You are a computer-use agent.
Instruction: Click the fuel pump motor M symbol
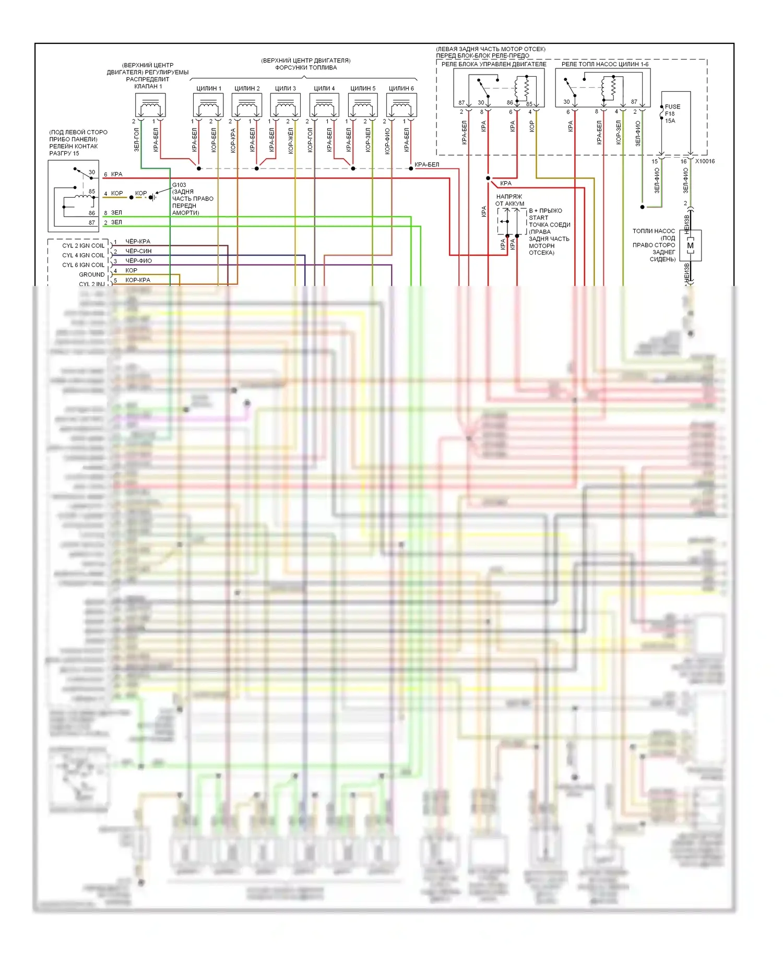(x=691, y=245)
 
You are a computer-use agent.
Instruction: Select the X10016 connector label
(x=705, y=161)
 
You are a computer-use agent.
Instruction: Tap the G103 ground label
(x=179, y=185)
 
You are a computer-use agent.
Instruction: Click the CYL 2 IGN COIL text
(x=83, y=245)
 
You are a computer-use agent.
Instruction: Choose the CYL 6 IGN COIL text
(x=83, y=265)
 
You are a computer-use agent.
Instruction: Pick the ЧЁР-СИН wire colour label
(x=138, y=251)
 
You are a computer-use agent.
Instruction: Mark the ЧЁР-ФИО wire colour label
(x=138, y=260)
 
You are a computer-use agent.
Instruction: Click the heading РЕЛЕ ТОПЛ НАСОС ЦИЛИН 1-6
(x=604, y=64)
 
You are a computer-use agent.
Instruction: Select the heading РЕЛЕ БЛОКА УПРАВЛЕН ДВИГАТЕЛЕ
(x=493, y=64)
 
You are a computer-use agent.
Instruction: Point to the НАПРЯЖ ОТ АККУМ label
(x=509, y=200)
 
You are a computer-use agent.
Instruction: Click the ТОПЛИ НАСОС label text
(x=654, y=231)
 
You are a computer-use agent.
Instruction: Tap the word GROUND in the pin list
(x=92, y=275)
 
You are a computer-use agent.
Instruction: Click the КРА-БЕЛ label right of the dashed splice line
(x=426, y=164)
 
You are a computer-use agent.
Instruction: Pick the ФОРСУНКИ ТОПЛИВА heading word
(x=306, y=68)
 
